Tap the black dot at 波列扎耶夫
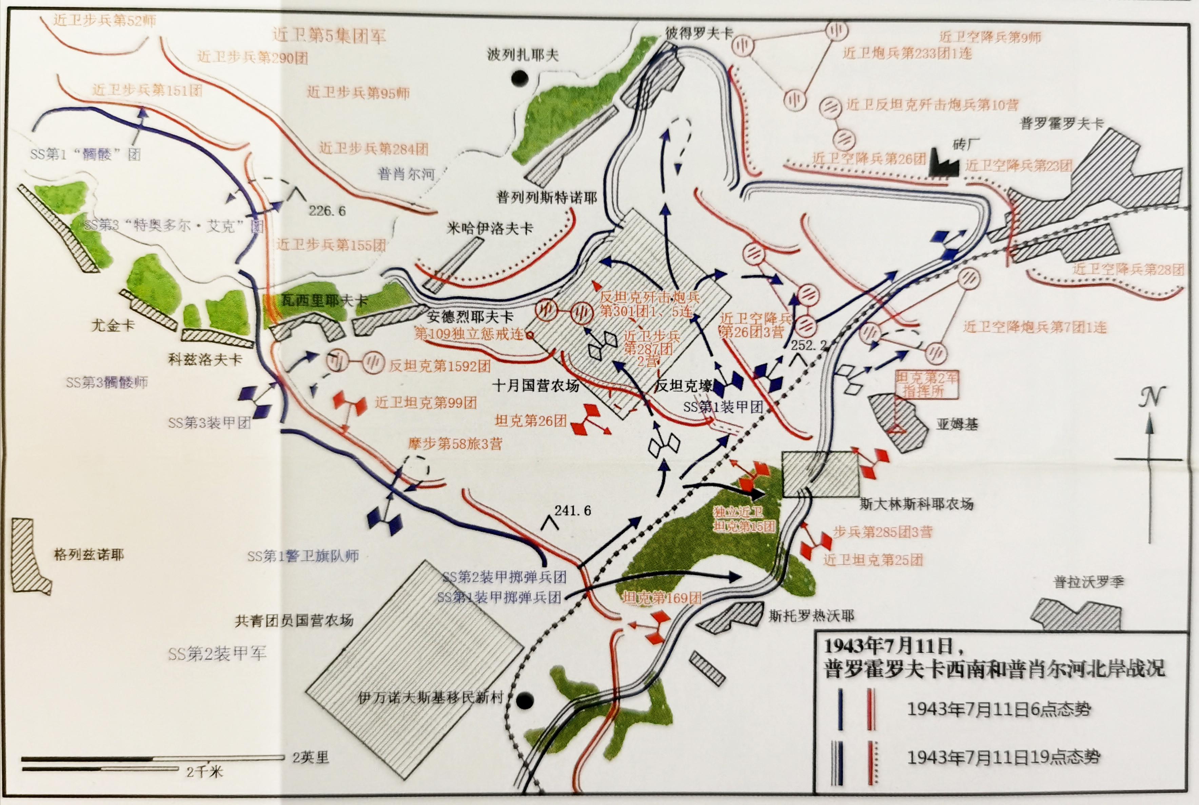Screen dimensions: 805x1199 [x=520, y=78]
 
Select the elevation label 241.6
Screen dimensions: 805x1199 [x=572, y=510]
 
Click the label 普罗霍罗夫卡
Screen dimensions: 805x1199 [x=1061, y=123]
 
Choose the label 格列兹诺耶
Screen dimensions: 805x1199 [x=89, y=555]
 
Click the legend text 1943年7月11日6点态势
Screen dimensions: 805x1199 [x=999, y=709]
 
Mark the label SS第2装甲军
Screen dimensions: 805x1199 [x=217, y=654]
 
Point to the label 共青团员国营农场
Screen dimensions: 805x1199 [x=294, y=621]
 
